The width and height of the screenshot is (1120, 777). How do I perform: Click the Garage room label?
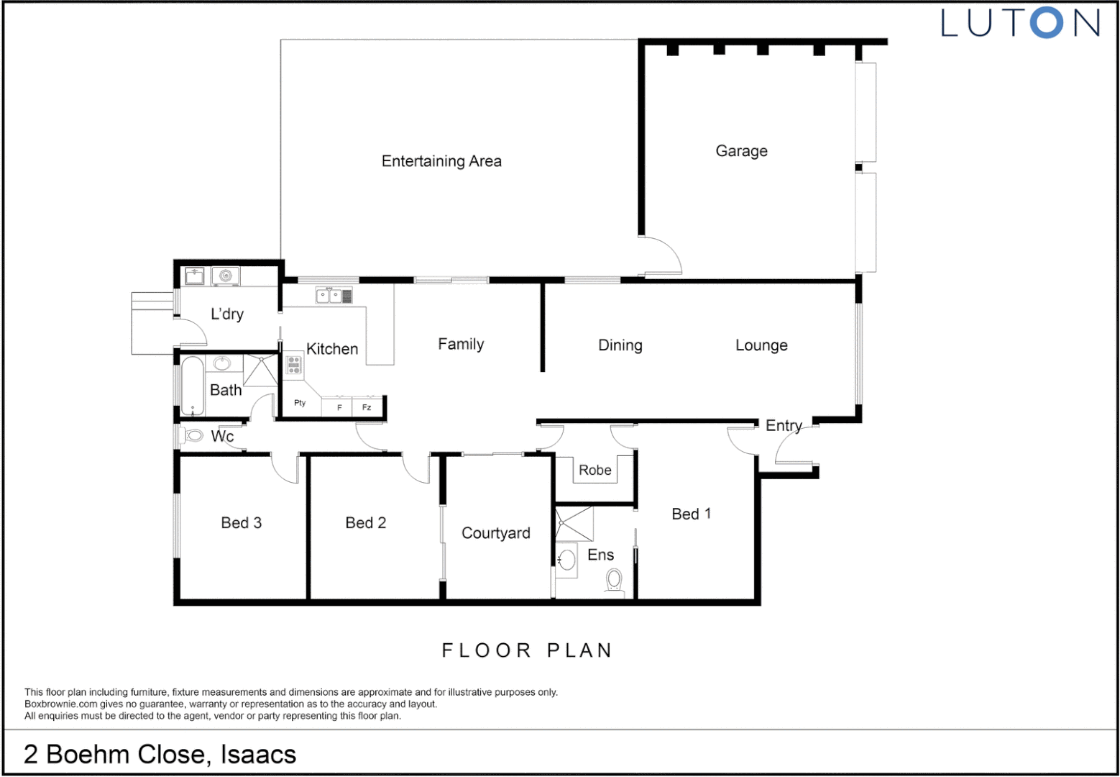(741, 151)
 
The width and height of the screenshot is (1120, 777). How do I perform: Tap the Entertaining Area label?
(441, 161)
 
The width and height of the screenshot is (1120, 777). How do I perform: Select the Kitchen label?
(332, 349)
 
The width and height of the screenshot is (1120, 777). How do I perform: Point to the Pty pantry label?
(300, 403)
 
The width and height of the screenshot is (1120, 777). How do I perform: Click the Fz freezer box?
(367, 407)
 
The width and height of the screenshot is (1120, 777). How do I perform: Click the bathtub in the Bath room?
(192, 386)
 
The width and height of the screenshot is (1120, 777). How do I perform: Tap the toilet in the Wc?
(193, 435)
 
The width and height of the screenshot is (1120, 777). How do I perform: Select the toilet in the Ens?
(614, 580)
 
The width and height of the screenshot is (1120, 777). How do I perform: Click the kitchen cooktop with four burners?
(294, 365)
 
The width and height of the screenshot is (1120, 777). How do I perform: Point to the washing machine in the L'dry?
(226, 276)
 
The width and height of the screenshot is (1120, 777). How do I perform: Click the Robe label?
(595, 470)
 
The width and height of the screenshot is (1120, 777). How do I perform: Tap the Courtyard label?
(496, 533)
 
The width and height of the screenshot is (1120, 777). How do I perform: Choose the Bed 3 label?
(241, 523)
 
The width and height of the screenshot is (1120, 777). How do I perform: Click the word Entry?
(784, 425)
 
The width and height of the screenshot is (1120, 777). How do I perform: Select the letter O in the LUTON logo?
(1046, 23)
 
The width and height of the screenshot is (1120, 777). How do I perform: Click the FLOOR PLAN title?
(527, 650)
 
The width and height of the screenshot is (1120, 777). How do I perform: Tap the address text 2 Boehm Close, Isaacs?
(160, 754)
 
